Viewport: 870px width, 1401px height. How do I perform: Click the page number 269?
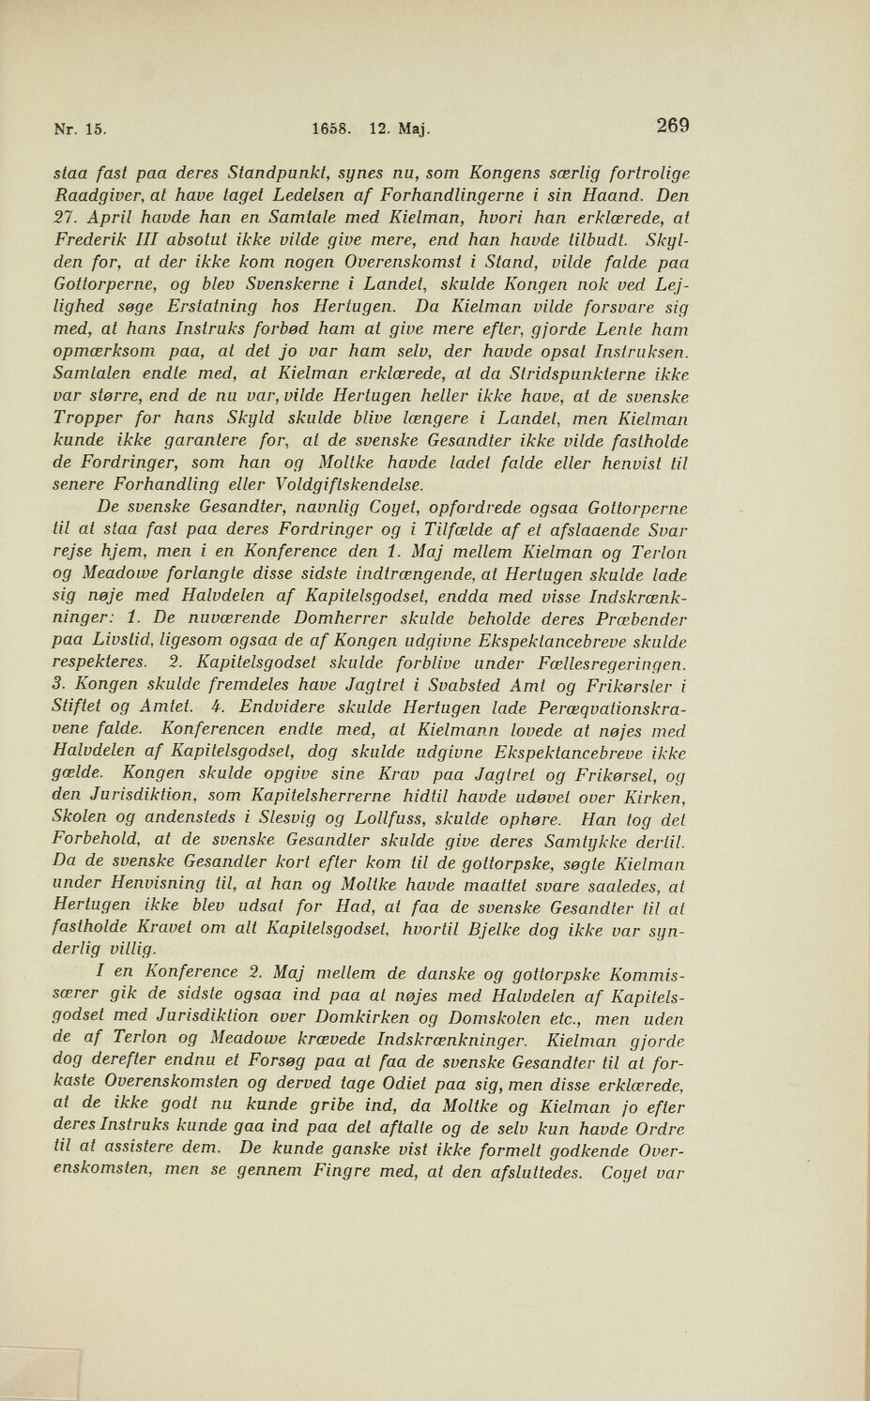pos(673,125)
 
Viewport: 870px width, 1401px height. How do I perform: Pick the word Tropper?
pos(87,418)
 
